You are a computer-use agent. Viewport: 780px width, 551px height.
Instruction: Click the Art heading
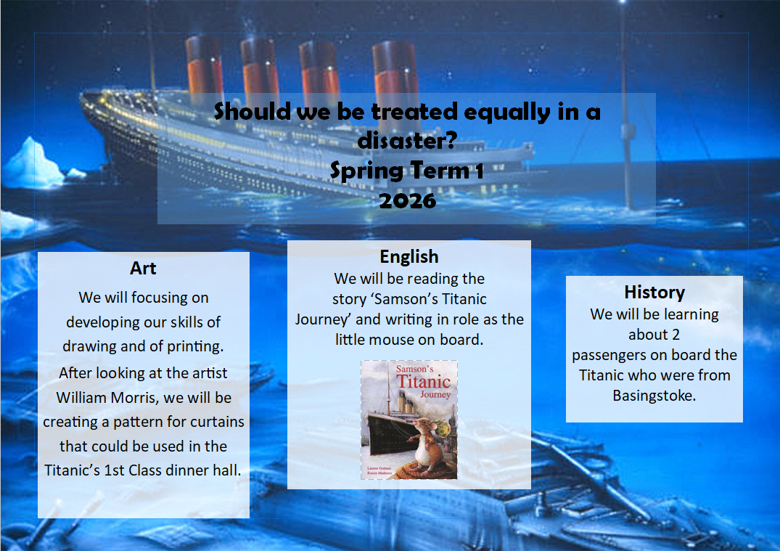pyautogui.click(x=143, y=269)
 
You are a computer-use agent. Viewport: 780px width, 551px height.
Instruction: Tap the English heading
pyautogui.click(x=409, y=257)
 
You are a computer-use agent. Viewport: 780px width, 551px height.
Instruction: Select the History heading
pyautogui.click(x=654, y=292)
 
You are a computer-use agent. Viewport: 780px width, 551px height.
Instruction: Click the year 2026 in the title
pyautogui.click(x=407, y=201)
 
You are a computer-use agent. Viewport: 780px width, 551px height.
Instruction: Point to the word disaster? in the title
pyautogui.click(x=407, y=140)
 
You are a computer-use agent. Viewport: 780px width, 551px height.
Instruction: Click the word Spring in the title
pyautogui.click(x=366, y=171)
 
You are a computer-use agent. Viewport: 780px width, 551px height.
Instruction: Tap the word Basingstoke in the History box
pyautogui.click(x=654, y=396)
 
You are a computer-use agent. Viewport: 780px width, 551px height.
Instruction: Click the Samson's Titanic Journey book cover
pyautogui.click(x=409, y=420)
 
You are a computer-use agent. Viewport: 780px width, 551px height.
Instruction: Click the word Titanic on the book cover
pyautogui.click(x=423, y=382)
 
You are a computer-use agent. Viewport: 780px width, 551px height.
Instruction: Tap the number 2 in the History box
pyautogui.click(x=675, y=335)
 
